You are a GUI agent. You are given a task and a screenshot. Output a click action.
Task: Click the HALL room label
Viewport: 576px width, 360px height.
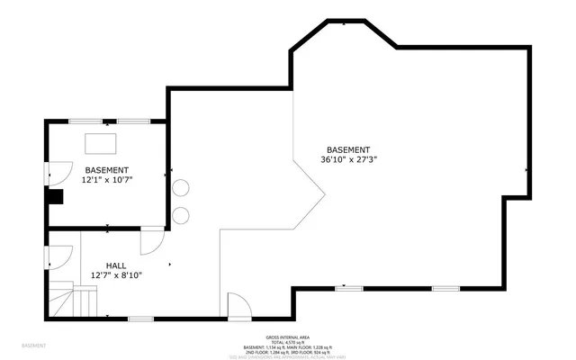(x=115, y=265)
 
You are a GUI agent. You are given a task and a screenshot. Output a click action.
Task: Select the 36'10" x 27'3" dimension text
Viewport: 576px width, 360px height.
(x=348, y=159)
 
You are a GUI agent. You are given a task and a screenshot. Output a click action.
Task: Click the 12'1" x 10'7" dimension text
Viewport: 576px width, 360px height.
(x=107, y=180)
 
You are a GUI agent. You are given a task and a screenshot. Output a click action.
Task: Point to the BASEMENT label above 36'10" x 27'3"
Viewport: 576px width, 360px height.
(x=348, y=149)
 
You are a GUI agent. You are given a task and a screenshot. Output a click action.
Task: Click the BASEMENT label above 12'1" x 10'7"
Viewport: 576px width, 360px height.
(x=107, y=170)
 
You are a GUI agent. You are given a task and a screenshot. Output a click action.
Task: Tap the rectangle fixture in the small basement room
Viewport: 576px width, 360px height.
(x=101, y=143)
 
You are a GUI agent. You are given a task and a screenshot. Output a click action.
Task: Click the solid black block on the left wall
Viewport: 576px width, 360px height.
(x=56, y=198)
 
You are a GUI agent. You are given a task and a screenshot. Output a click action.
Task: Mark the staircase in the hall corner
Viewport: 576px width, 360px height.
(x=72, y=299)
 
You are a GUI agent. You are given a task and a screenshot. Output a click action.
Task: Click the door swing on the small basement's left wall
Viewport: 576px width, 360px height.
(x=59, y=172)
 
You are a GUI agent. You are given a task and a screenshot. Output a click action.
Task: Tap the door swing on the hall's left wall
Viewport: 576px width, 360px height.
(x=59, y=256)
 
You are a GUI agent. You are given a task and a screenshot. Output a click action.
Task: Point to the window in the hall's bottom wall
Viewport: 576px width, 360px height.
(x=139, y=319)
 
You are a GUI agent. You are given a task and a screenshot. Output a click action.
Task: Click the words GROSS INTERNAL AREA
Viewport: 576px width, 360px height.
(x=287, y=337)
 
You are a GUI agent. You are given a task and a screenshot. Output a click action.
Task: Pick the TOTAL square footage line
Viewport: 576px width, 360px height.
(x=287, y=342)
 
